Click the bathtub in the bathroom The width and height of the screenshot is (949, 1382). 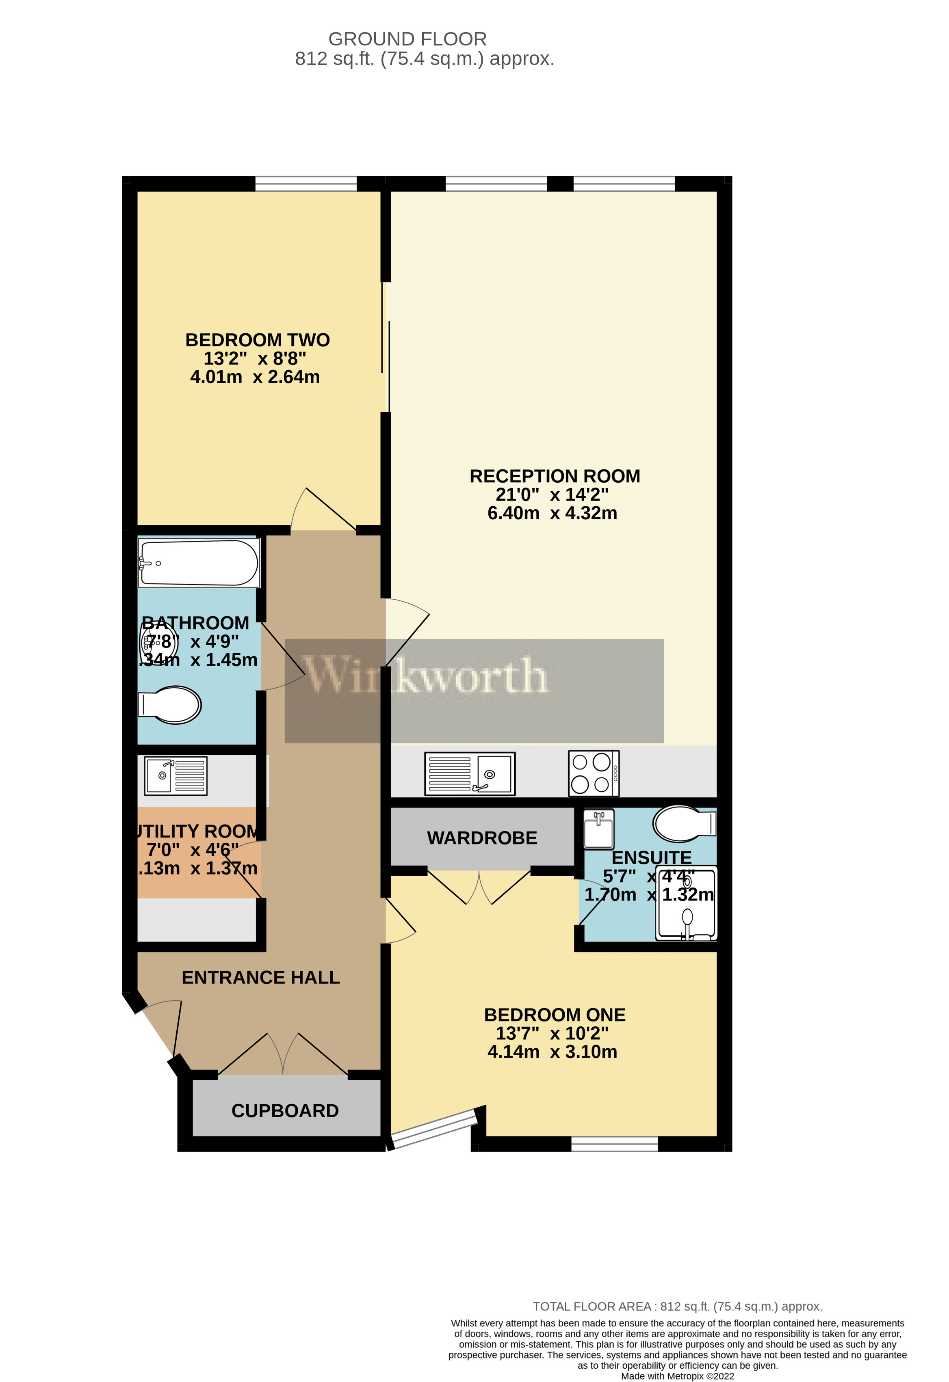[x=199, y=563]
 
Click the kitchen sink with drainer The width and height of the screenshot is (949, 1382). [x=470, y=774]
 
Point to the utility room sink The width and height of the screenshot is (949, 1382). [x=176, y=775]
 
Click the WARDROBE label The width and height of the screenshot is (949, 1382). [x=482, y=838]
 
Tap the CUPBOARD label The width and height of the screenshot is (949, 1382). [x=285, y=1111]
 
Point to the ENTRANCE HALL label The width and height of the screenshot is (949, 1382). [x=260, y=977]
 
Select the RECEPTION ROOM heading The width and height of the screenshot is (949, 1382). [x=555, y=476]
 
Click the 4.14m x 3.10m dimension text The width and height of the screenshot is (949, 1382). [x=552, y=1052]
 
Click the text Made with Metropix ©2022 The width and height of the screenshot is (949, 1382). [x=677, y=1376]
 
